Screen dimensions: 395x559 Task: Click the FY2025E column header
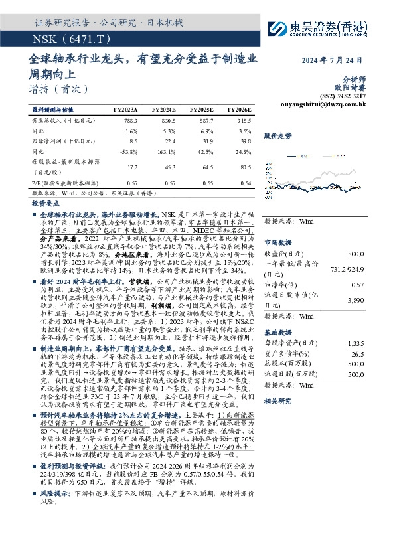coord(201,109)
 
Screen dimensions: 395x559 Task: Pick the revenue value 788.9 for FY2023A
coord(130,121)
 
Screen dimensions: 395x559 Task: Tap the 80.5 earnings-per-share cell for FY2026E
coord(245,167)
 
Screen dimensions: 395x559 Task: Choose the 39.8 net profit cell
coord(245,141)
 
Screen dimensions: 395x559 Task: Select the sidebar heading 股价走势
coord(277,135)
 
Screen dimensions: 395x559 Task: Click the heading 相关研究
coord(277,401)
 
